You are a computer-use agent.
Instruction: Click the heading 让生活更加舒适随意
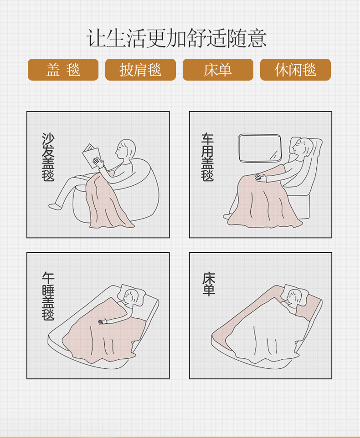(x=176, y=38)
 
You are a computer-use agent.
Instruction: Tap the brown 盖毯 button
(x=63, y=70)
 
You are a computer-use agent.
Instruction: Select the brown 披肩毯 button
(x=141, y=70)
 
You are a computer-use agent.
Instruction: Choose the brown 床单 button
(x=218, y=70)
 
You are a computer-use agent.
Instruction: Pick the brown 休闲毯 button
(x=295, y=70)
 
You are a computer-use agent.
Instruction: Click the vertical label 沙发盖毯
(x=48, y=157)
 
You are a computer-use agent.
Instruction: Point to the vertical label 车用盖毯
(x=207, y=157)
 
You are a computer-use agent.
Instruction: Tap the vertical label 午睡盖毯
(x=48, y=296)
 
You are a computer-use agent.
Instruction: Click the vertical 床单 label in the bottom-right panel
(x=209, y=284)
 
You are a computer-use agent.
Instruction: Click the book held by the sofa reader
(x=92, y=156)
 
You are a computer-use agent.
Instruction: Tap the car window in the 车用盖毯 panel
(x=260, y=148)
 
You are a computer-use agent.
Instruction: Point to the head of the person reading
(x=126, y=149)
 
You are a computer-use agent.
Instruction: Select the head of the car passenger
(x=303, y=146)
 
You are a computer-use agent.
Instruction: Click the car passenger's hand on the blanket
(x=261, y=178)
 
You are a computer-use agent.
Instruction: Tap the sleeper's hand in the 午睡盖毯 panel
(x=103, y=321)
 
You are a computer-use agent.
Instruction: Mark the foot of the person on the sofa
(x=55, y=206)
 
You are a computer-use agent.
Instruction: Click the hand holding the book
(x=98, y=162)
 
